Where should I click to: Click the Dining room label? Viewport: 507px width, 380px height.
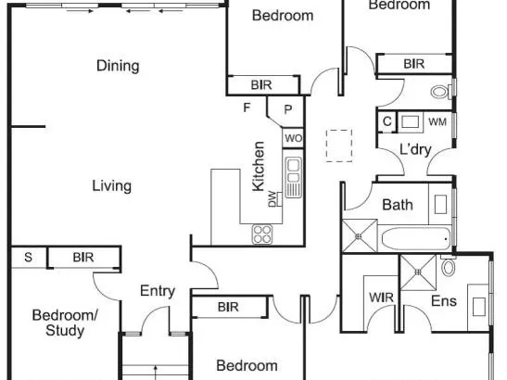tap(118, 66)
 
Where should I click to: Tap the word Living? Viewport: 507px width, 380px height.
tap(112, 186)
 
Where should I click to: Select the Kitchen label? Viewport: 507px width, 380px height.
tap(259, 166)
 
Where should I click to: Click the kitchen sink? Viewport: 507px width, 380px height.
tap(294, 177)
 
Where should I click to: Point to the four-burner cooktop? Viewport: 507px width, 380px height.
tap(262, 234)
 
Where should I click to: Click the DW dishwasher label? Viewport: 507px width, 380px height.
tap(273, 199)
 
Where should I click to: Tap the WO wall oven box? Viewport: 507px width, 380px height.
tap(293, 138)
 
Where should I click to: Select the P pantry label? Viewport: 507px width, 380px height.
tap(287, 110)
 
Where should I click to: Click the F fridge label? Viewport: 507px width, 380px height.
tap(247, 108)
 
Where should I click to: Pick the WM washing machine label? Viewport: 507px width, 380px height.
tap(437, 122)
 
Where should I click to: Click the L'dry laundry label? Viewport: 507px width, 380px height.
tap(415, 149)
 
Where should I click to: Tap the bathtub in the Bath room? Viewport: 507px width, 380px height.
tap(416, 239)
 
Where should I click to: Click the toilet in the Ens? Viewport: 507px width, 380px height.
tap(449, 266)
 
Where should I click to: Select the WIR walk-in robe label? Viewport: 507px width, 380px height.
tap(381, 298)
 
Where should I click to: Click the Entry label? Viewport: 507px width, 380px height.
tap(158, 291)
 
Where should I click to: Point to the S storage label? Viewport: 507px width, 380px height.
tap(29, 258)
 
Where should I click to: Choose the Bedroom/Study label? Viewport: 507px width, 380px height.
tap(65, 323)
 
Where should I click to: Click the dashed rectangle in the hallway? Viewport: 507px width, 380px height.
tap(339, 146)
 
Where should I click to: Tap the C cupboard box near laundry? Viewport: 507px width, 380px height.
tap(387, 122)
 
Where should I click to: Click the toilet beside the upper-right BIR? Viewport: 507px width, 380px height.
tap(440, 92)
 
